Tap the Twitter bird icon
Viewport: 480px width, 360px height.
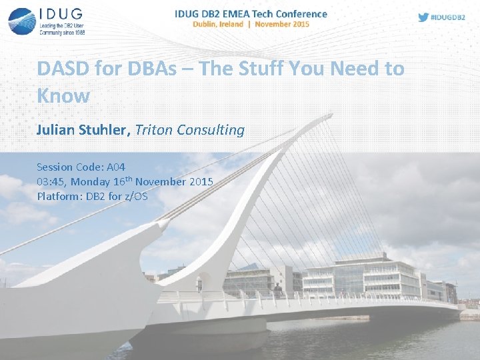coord(423,17)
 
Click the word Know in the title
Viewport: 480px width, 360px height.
coord(63,95)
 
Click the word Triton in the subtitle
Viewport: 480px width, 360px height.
coord(153,130)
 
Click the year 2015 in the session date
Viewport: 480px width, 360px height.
coord(201,181)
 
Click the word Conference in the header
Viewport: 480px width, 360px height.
coord(298,13)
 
